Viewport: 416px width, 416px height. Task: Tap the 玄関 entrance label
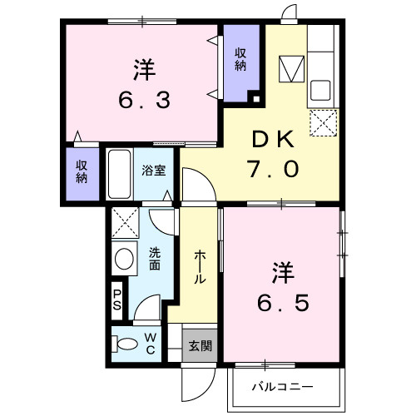pyautogui.click(x=199, y=345)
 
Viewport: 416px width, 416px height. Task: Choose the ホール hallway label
pyautogui.click(x=200, y=267)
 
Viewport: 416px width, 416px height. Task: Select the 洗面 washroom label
pyautogui.click(x=154, y=260)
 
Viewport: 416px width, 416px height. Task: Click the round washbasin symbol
pyautogui.click(x=126, y=258)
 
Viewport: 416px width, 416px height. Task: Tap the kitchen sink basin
pyautogui.click(x=320, y=88)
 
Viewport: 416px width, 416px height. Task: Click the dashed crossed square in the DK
pyautogui.click(x=322, y=124)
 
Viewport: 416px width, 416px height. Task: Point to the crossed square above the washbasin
pyautogui.click(x=126, y=222)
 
